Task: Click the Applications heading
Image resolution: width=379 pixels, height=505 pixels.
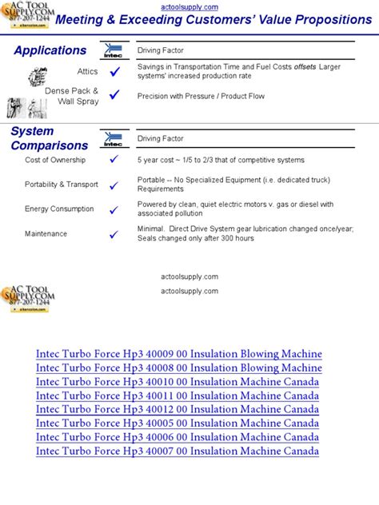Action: [x=50, y=50]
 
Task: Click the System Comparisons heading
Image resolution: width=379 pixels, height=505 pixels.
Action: [x=49, y=138]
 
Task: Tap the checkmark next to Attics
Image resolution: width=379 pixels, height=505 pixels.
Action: [x=114, y=72]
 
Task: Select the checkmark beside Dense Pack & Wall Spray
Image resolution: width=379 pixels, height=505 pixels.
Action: [x=114, y=95]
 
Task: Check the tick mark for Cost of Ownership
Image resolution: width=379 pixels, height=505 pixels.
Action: [x=114, y=160]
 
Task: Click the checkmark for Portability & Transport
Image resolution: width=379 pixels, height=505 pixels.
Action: [x=114, y=185]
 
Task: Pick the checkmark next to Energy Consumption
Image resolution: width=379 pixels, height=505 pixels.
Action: [x=114, y=209]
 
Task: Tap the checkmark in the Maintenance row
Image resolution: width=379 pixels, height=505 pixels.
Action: [x=114, y=234]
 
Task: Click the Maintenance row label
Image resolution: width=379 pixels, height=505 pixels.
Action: [x=46, y=234]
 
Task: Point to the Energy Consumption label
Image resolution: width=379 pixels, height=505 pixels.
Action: [x=59, y=209]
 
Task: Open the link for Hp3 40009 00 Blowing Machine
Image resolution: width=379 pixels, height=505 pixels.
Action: [x=179, y=354]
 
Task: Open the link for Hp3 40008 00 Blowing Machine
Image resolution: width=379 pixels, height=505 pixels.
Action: [x=179, y=368]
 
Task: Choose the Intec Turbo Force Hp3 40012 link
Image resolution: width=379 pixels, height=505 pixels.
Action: [x=178, y=410]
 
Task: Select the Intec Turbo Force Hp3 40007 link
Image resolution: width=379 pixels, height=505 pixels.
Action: [x=178, y=451]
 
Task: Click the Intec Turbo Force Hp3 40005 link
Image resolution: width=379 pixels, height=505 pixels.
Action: [x=178, y=423]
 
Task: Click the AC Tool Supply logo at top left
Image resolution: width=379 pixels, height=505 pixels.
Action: [x=29, y=17]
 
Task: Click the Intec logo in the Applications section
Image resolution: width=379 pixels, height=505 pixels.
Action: [x=114, y=51]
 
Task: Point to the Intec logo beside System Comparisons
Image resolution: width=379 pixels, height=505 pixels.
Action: [x=114, y=138]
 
